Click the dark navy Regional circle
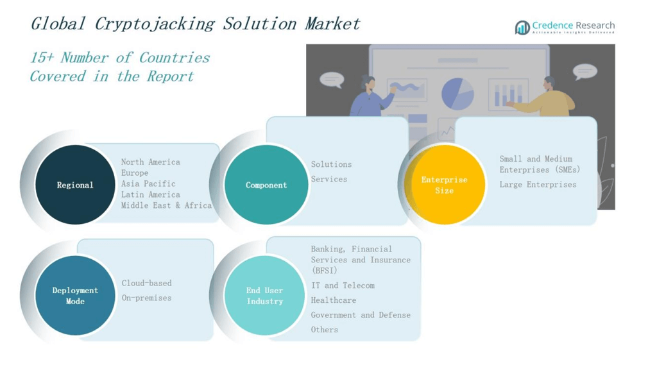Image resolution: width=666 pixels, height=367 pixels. click(x=75, y=185)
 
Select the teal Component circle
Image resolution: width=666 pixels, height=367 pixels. click(x=266, y=185)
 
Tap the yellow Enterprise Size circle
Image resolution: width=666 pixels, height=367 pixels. click(x=444, y=185)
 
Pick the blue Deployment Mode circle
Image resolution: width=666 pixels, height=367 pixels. click(x=75, y=295)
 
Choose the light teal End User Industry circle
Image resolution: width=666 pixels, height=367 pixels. click(x=264, y=295)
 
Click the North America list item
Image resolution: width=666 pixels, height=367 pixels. click(x=150, y=162)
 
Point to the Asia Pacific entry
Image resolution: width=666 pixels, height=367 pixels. click(x=148, y=184)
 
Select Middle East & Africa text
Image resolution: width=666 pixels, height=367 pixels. click(x=166, y=205)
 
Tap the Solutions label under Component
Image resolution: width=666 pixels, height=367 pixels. click(x=331, y=165)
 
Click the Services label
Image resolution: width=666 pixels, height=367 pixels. click(x=329, y=180)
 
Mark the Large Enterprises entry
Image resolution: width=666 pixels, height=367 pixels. click(x=538, y=185)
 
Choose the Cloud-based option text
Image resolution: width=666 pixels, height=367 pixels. click(x=146, y=283)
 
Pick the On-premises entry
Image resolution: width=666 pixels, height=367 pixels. click(x=146, y=298)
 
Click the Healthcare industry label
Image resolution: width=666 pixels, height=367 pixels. click(x=333, y=300)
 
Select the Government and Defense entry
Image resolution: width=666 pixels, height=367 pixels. click(x=360, y=315)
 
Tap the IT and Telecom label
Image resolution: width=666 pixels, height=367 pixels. click(x=342, y=286)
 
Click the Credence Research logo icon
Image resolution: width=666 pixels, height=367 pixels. click(x=522, y=27)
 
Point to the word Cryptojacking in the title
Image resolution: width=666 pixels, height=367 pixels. click(x=154, y=24)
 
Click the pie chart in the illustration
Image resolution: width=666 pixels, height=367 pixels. click(x=457, y=94)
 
